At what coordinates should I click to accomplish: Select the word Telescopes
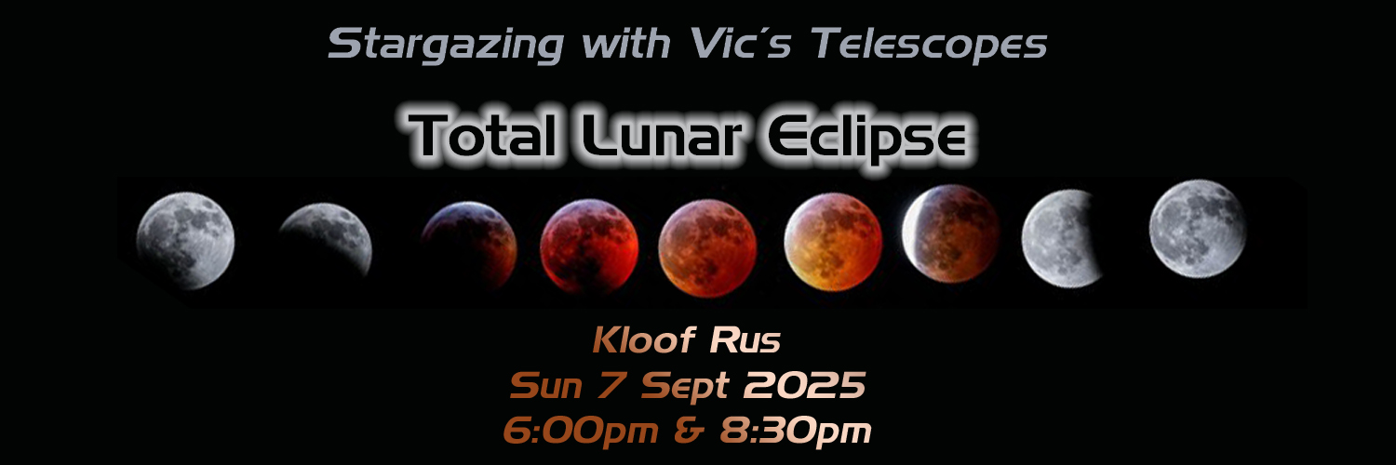coord(929,44)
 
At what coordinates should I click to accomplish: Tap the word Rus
coord(745,341)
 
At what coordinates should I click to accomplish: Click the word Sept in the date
coord(682,385)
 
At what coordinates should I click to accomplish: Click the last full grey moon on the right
coord(1197,228)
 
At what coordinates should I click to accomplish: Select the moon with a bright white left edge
coord(950,232)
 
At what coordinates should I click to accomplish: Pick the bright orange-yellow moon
coord(832,243)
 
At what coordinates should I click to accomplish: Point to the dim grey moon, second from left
coord(326,240)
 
